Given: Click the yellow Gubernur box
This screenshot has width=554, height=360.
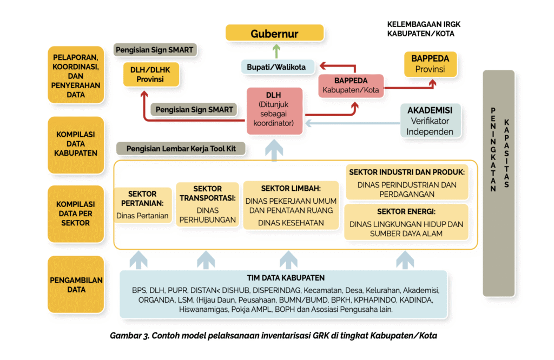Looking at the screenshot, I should point(274,34).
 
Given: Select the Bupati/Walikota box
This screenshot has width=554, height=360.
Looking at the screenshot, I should point(276,67).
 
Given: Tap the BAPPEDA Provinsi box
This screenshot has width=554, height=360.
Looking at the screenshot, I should point(430,64).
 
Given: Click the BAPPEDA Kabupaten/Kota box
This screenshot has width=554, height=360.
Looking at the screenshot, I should point(351,85).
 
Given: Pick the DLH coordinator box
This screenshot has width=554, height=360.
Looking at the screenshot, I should point(274,111).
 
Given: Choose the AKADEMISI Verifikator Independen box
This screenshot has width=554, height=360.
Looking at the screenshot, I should point(430,121).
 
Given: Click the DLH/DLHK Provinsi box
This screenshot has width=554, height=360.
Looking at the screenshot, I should point(150,74).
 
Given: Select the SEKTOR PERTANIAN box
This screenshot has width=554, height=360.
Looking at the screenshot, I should point(143,205).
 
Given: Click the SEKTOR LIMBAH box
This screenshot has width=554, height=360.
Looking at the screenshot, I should point(291,205).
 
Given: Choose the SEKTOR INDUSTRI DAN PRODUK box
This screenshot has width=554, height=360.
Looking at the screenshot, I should point(407,183).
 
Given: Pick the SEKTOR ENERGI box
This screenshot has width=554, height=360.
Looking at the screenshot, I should point(407,222).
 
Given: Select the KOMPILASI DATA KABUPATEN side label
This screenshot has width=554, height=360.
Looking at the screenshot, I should point(76,144).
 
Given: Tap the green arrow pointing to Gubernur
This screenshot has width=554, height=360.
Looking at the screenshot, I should point(276,51).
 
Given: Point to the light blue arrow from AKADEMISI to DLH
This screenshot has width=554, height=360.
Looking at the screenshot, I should point(352,123).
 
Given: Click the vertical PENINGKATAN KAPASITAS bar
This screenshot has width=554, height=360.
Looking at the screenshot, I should point(499,184).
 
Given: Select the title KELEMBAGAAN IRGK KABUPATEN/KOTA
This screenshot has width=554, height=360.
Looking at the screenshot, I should point(424,29).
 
